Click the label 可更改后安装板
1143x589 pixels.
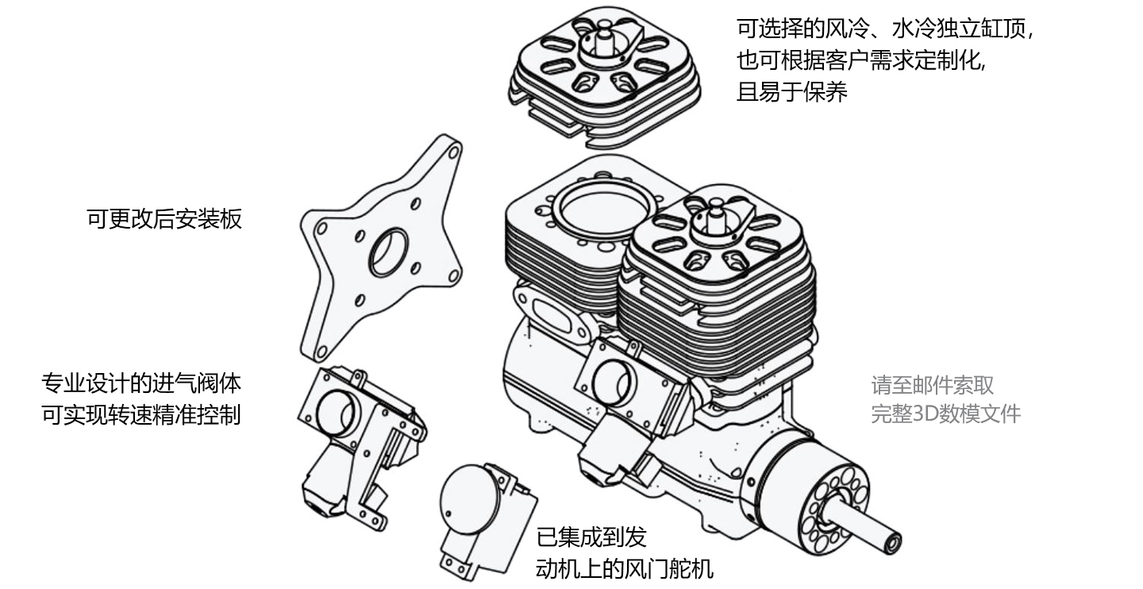[x=164, y=219]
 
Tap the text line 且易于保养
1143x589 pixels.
[x=792, y=92]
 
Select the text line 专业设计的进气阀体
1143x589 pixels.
[x=141, y=384]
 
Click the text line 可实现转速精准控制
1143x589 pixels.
[x=141, y=414]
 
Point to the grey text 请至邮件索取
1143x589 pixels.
[x=932, y=386]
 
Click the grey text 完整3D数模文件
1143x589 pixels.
[x=945, y=414]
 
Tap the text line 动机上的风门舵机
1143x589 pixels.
[x=625, y=568]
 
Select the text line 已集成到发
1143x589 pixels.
[x=591, y=537]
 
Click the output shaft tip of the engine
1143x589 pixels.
[x=893, y=543]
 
